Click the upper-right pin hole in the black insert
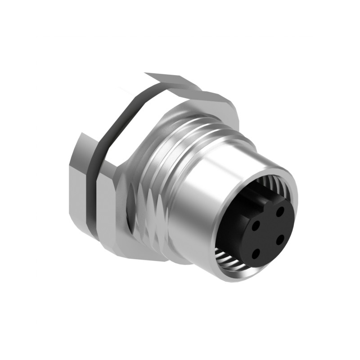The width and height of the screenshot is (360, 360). tap(280, 210)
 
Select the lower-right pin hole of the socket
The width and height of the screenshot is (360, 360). tap(279, 240)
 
